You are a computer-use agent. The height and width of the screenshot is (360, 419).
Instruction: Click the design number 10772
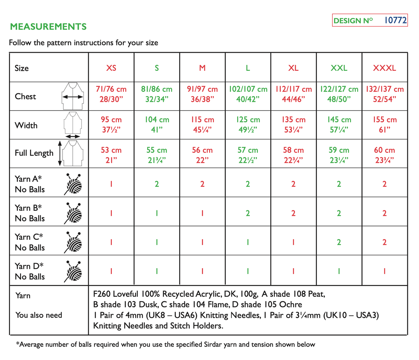point(395,20)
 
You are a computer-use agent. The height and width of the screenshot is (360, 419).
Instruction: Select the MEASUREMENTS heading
point(48,27)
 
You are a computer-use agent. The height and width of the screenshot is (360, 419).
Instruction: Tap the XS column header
point(111,68)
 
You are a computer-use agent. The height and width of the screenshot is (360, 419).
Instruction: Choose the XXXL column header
point(384,68)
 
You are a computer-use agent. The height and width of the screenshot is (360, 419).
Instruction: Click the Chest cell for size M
point(202,94)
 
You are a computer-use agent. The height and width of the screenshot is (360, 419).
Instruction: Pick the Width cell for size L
point(248,125)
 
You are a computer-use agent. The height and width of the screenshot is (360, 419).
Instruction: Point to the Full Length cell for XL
point(293,155)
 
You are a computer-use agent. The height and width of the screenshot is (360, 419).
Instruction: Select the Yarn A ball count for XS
point(111,184)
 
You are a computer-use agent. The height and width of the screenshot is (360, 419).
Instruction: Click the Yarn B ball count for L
point(248,213)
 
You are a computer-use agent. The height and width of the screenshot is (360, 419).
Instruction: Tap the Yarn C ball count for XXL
point(339,242)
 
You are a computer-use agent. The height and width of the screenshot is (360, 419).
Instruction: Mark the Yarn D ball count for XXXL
point(384,271)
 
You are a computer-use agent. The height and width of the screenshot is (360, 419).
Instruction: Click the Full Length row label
point(34,153)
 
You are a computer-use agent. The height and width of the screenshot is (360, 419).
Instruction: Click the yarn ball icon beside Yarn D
point(73,272)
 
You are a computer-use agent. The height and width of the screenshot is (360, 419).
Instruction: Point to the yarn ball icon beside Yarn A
point(73,184)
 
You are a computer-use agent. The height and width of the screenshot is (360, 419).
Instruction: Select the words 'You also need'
point(39,315)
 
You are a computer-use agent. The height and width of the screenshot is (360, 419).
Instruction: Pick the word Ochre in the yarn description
point(291,304)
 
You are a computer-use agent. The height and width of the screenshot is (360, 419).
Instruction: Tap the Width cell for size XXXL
point(384,125)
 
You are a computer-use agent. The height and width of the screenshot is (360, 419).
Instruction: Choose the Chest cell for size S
point(157,94)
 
